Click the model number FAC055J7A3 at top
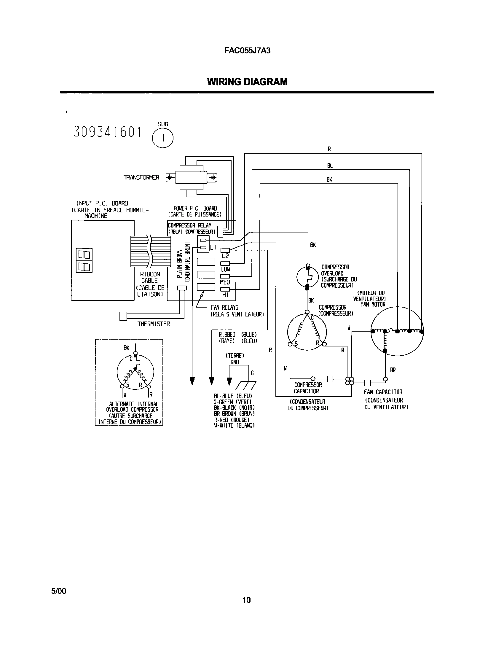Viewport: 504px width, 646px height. point(247,50)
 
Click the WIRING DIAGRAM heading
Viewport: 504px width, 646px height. point(247,82)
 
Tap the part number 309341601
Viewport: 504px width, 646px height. point(107,132)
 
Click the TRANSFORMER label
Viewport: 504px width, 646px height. point(141,178)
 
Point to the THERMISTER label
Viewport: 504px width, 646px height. point(154,324)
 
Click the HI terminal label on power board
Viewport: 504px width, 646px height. point(225,295)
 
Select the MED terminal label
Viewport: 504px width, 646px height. point(225,282)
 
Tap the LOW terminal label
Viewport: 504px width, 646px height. point(225,269)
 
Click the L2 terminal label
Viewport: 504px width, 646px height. point(225,256)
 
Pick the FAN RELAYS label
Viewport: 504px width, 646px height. point(224,308)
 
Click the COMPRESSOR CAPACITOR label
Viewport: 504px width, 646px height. point(307,388)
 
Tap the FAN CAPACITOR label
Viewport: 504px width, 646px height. point(383,392)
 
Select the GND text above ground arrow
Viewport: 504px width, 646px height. point(235,362)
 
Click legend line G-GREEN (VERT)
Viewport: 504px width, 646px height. point(233,402)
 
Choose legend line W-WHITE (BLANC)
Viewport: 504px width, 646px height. point(234,425)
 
